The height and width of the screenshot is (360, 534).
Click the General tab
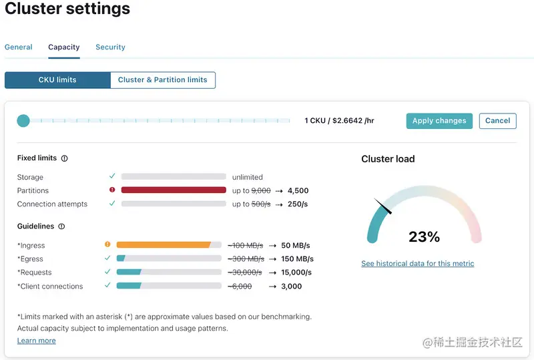19,47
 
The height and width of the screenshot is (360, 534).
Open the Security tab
110,47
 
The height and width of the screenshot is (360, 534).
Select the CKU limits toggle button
57,80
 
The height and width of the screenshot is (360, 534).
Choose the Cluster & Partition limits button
162,80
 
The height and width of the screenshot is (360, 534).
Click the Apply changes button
439,121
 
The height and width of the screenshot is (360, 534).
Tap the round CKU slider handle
23,121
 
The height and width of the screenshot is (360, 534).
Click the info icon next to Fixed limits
65,159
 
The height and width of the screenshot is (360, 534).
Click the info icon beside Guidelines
61,227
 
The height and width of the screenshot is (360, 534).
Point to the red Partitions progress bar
174,190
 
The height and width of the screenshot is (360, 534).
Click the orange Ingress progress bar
164,245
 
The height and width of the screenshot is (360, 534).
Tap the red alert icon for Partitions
112,190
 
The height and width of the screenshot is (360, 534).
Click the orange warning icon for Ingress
107,244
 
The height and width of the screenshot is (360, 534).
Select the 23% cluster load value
424,237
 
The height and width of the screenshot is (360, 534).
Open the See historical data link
418,264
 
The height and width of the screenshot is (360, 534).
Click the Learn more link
37,341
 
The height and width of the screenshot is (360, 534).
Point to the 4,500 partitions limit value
298,191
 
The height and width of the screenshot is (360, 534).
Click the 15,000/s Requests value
296,273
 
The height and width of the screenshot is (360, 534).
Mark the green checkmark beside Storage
112,176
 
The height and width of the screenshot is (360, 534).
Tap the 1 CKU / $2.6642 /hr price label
339,121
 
